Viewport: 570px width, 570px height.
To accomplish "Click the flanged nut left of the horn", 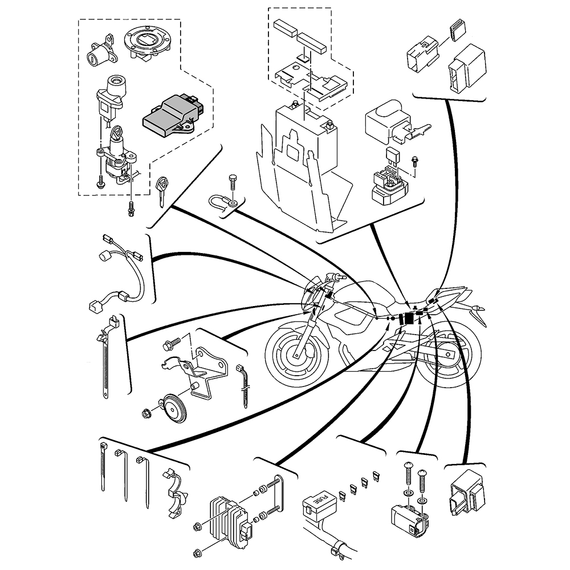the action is coord(146,413).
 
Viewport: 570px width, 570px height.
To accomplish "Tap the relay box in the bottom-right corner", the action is coord(467,492).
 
